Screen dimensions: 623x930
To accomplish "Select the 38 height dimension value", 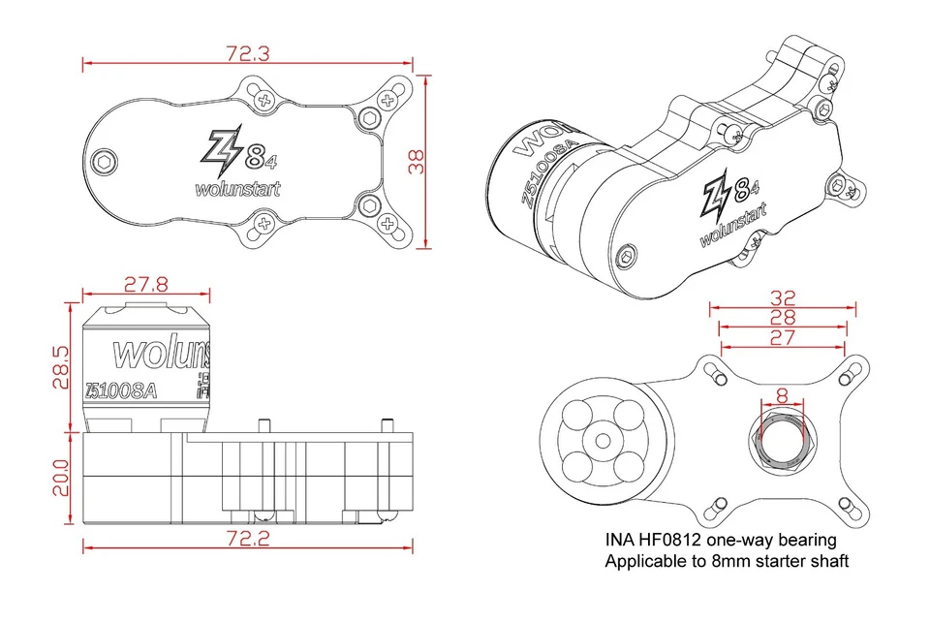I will [x=418, y=160].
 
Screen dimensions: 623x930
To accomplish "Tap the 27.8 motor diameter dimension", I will [x=146, y=284].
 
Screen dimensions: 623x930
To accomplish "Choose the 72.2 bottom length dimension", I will [x=248, y=538].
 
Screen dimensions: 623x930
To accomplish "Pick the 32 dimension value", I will [x=783, y=296].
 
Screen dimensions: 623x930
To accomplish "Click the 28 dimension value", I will [x=783, y=317].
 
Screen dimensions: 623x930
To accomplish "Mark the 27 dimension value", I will [x=783, y=337].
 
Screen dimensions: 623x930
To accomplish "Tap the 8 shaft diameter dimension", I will [x=781, y=395].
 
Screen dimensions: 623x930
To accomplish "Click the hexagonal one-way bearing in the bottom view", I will [x=781, y=441].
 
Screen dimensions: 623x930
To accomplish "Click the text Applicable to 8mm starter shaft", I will [x=727, y=561].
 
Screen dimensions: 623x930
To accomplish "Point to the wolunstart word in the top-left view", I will [x=236, y=189].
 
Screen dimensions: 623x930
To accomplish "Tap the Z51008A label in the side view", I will [x=120, y=390].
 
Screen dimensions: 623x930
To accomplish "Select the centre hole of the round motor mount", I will [x=603, y=441].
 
